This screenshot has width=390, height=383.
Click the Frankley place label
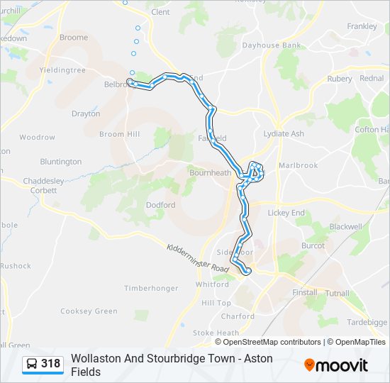362,26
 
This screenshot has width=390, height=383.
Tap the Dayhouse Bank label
272,45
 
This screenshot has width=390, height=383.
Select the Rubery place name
340,79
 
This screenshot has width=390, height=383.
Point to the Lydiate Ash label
284,133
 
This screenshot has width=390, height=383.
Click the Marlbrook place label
298,165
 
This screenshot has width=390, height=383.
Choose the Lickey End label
286,212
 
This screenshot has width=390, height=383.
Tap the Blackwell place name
346,226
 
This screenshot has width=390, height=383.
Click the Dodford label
160,205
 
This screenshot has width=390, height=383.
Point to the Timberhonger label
151,288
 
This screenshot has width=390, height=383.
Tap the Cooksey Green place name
89,311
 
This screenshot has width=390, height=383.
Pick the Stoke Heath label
216,333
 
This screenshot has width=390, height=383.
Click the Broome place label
74,38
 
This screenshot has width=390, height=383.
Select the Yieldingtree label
62,70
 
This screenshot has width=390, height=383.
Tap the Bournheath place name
210,172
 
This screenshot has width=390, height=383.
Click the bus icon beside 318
32,365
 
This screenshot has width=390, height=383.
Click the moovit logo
336,365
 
